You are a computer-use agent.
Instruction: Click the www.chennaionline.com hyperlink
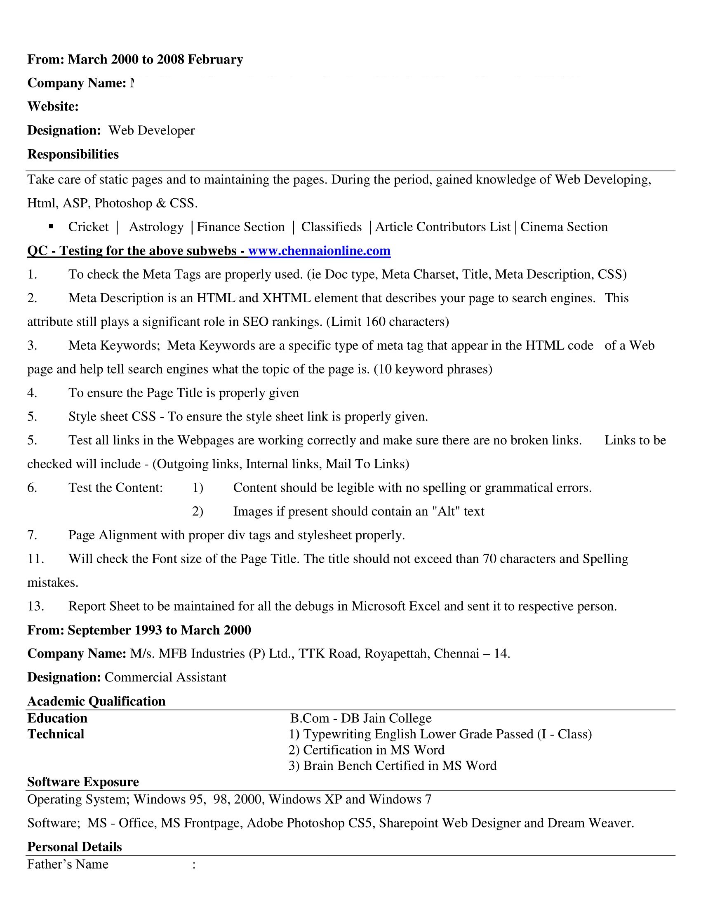319,251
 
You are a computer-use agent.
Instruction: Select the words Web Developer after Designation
152,130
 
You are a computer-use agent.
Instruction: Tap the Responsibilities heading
73,154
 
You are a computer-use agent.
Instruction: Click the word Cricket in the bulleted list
88,227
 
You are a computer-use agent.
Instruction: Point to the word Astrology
156,227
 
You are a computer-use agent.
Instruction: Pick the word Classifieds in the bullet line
332,227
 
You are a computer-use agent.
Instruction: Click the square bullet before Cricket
51,226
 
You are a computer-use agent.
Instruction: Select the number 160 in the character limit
375,322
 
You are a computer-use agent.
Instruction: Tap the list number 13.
36,606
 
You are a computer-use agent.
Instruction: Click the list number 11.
36,559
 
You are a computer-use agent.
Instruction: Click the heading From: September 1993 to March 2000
139,630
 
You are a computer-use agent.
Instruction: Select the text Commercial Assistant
165,677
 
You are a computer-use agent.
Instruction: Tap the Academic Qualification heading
96,701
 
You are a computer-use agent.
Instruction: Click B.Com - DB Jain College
361,718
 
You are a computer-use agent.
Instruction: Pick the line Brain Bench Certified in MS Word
393,766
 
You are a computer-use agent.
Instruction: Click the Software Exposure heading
83,782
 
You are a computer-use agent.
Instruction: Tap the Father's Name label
68,864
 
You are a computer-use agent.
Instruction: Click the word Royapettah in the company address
397,654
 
